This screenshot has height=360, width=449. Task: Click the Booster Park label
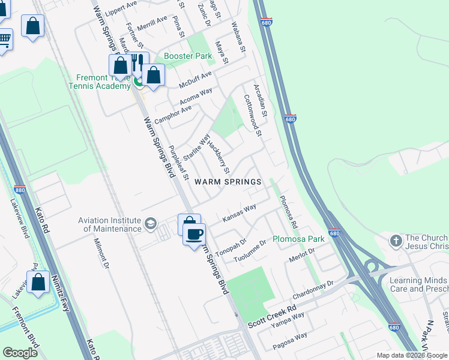(188, 56)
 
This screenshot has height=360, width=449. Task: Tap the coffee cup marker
(194, 234)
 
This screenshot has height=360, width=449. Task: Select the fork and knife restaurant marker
(138, 64)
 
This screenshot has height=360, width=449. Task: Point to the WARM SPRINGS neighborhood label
(227, 182)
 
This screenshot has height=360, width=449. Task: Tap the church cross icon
(396, 241)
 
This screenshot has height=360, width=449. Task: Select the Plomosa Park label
(298, 239)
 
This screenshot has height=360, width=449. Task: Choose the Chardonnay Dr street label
(312, 289)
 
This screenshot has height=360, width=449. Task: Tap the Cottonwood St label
(253, 115)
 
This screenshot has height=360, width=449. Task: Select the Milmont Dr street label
(100, 253)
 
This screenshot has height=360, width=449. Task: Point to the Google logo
(20, 353)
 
